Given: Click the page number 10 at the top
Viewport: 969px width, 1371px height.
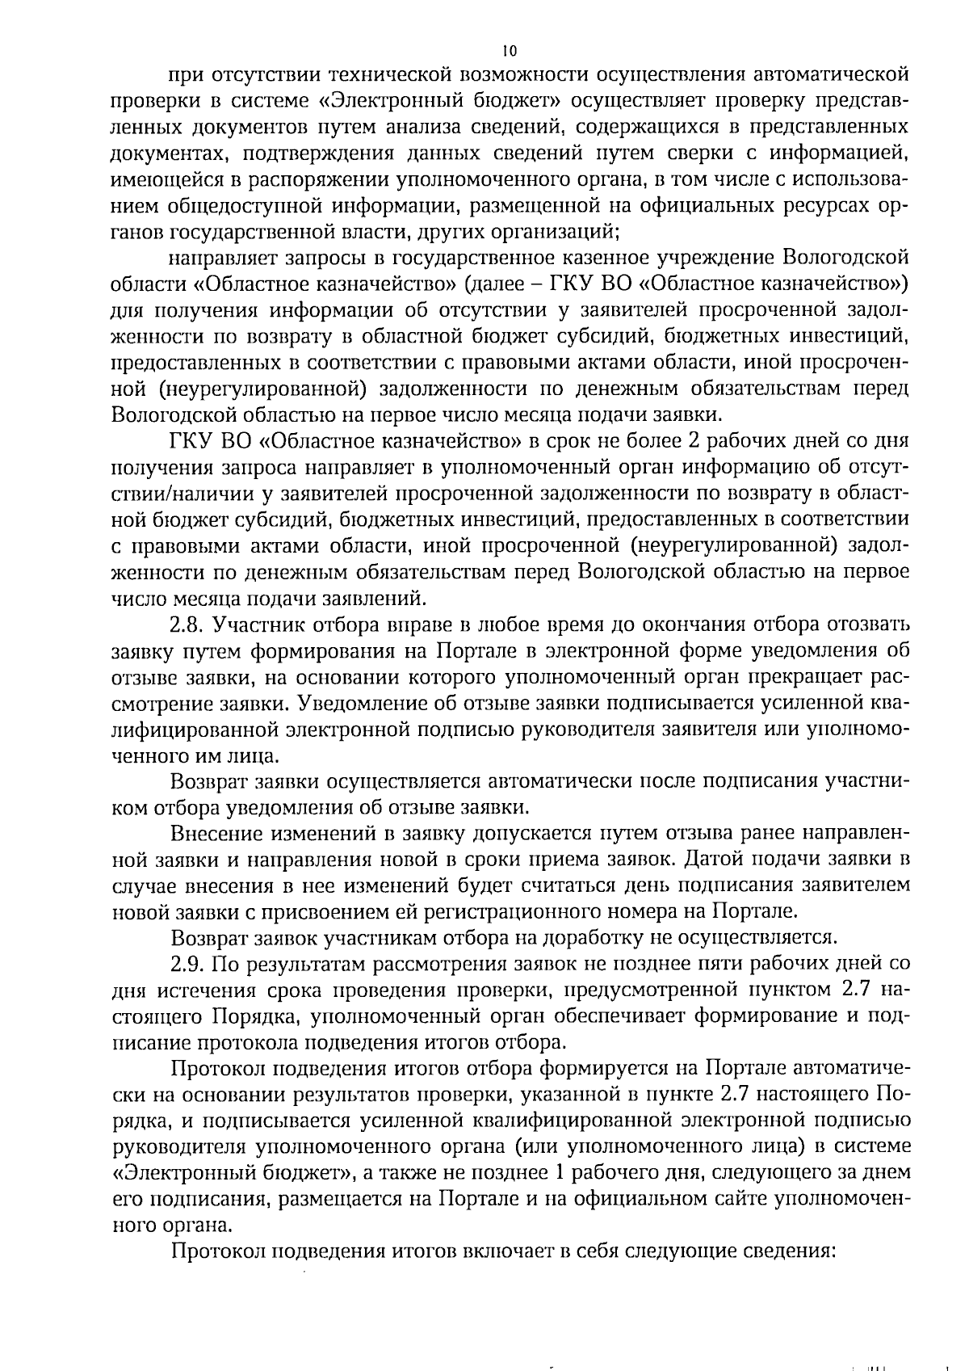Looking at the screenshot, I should pos(509,50).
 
